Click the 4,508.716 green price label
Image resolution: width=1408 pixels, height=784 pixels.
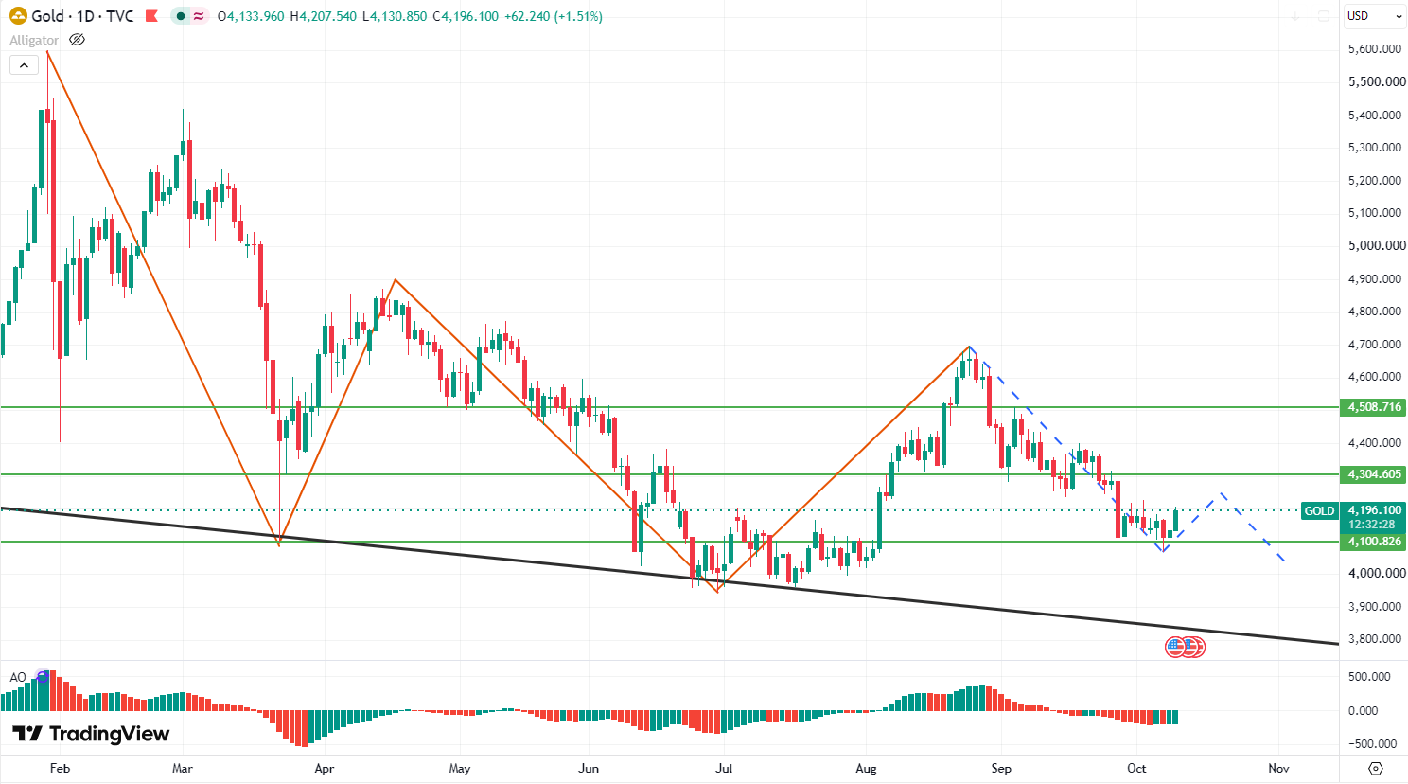(1373, 407)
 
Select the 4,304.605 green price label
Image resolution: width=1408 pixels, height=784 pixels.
(1373, 474)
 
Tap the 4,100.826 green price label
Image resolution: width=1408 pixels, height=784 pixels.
(1373, 541)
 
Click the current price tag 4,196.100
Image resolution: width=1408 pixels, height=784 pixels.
(1373, 509)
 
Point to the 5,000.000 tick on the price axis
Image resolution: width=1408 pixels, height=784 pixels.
(1376, 245)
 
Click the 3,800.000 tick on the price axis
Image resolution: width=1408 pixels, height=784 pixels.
(1375, 638)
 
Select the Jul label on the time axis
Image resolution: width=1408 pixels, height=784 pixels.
(724, 768)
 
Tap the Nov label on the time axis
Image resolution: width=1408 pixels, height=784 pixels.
(1278, 768)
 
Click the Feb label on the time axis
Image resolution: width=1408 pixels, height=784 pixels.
(60, 768)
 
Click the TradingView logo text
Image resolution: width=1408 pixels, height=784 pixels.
(110, 734)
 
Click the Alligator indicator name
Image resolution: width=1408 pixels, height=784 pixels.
(34, 41)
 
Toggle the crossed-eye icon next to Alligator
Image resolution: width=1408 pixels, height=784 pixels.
(77, 40)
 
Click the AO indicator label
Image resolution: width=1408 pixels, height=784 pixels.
(18, 678)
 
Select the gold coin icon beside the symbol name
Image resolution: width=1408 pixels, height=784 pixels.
(18, 16)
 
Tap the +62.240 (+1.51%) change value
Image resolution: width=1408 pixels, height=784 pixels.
(554, 16)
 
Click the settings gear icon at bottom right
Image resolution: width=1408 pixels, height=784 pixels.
(1375, 768)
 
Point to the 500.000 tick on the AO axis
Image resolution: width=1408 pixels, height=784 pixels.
(1375, 676)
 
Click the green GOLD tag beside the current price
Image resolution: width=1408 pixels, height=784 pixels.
(1319, 511)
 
